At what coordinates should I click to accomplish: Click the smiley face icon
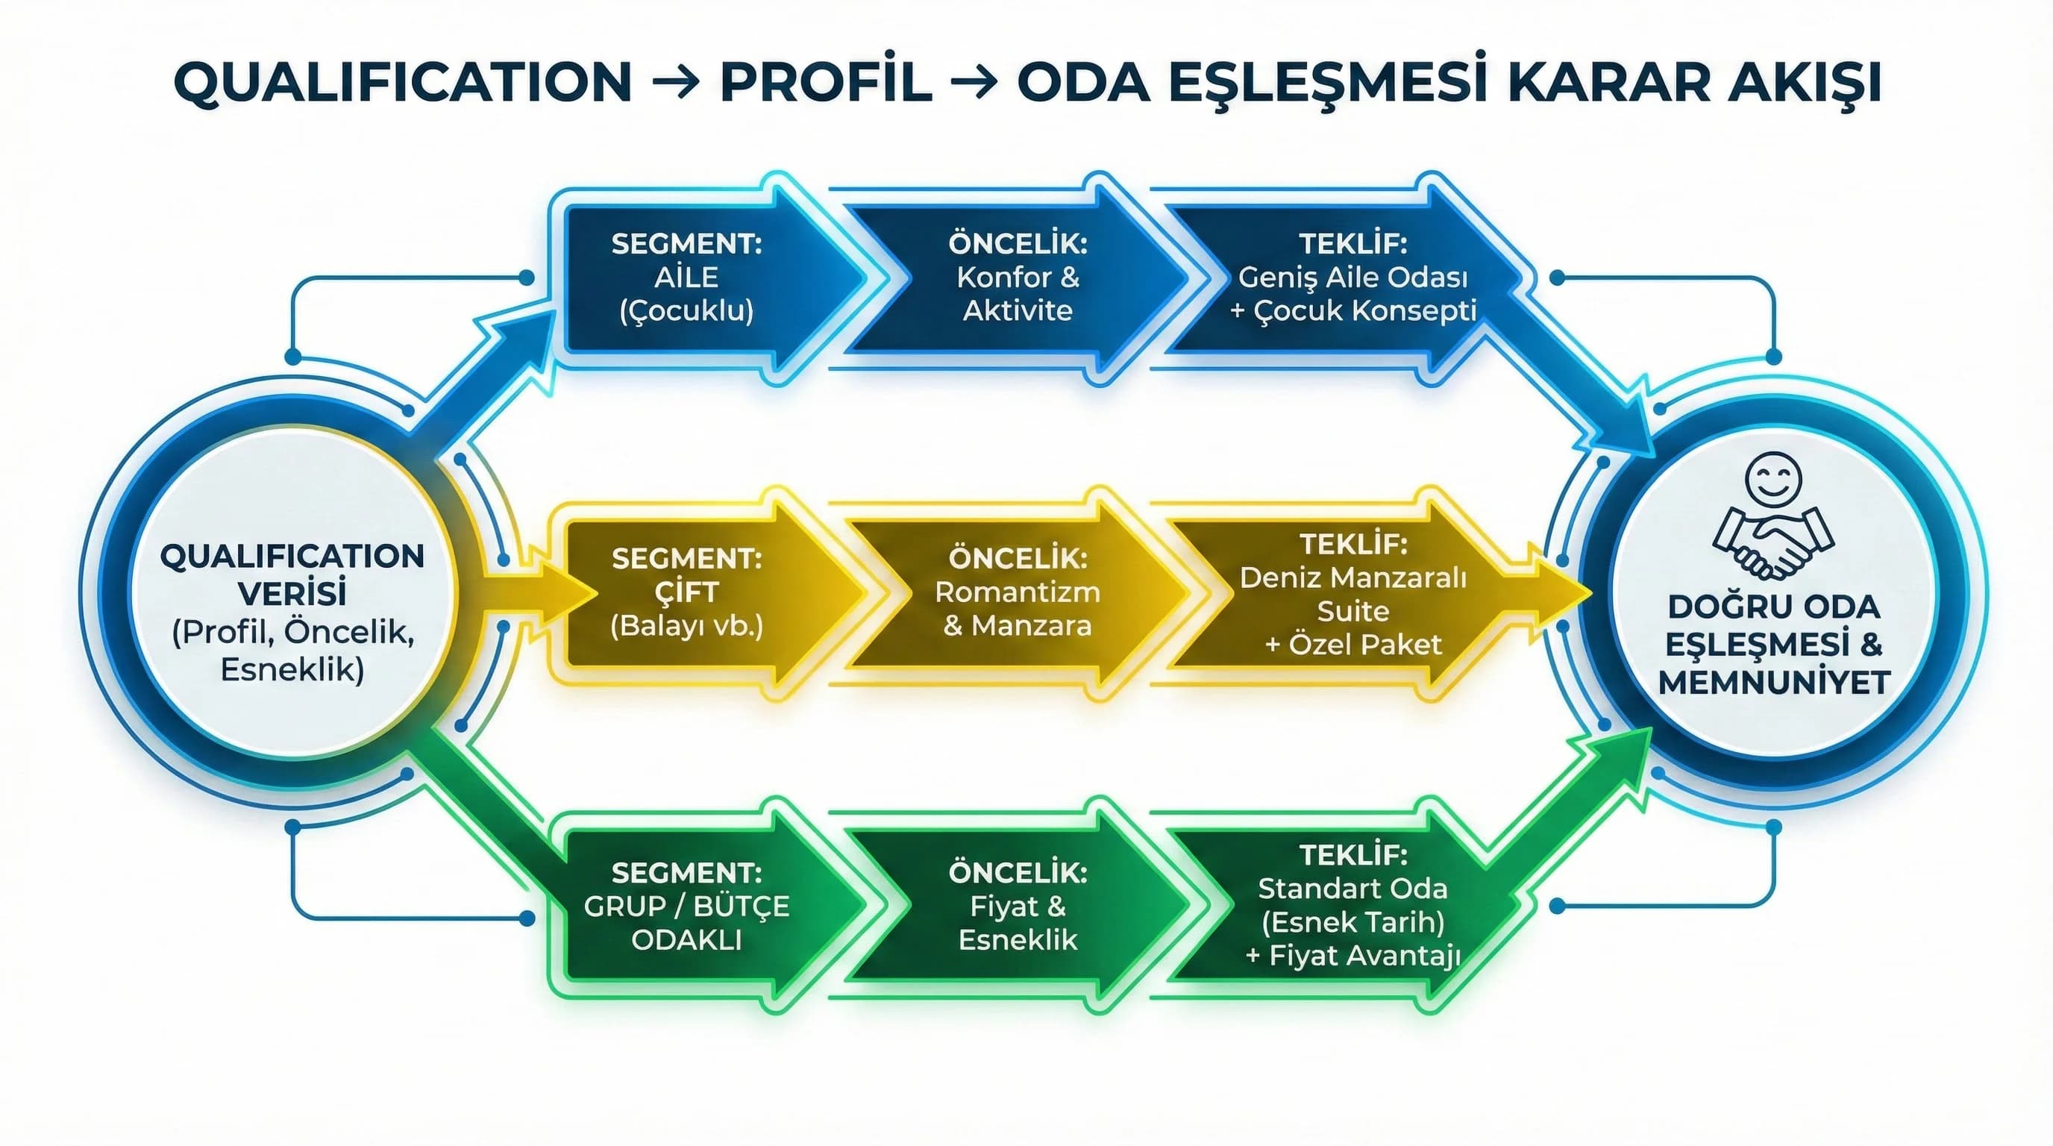[1773, 480]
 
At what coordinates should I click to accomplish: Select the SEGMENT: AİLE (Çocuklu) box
[686, 278]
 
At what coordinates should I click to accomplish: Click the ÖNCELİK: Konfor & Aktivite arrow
[1018, 278]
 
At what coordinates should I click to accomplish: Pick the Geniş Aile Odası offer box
[1353, 278]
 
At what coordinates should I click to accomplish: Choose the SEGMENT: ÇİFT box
[686, 592]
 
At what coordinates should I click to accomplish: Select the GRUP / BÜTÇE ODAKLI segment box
[686, 906]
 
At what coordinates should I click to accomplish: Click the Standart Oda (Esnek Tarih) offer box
[1353, 906]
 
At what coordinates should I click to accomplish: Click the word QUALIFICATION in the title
[403, 82]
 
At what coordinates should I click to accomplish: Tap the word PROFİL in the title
[826, 82]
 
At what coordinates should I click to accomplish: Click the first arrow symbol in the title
[676, 83]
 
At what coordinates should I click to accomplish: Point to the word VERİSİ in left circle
[292, 594]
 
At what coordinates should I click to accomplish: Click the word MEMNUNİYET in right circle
[1774, 683]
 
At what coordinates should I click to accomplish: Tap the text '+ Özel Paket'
[1353, 644]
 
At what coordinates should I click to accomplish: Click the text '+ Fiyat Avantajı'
[1353, 956]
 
